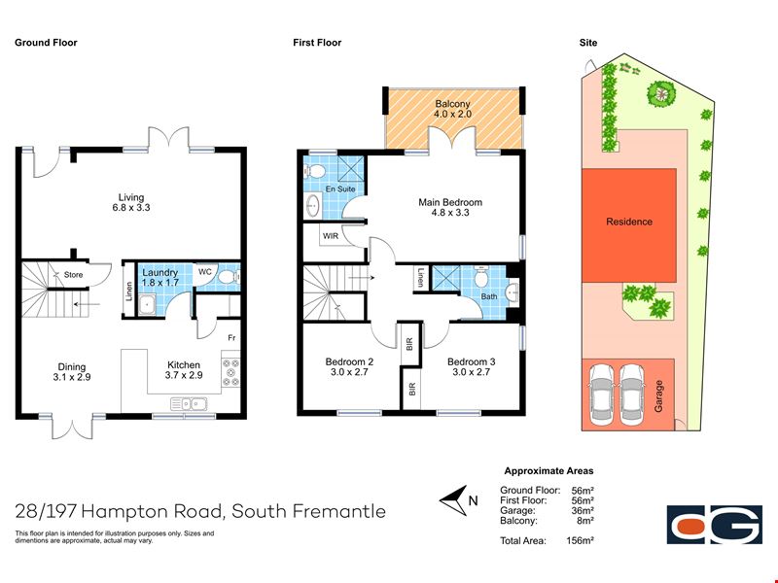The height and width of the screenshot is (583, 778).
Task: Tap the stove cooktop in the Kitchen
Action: tap(230, 372)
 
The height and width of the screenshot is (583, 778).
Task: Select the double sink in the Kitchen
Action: tap(189, 404)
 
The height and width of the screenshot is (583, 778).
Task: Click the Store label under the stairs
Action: tap(74, 275)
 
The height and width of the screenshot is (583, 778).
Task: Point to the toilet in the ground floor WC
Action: tap(230, 276)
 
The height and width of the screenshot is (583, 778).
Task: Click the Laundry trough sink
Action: tap(147, 304)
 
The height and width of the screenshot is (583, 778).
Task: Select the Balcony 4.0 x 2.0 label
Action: tap(452, 109)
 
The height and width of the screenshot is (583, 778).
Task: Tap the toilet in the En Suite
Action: tap(314, 172)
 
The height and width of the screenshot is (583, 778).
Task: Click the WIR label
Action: tap(331, 236)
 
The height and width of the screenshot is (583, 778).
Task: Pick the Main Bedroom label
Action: tap(450, 207)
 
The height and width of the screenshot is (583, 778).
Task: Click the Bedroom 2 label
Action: tap(349, 367)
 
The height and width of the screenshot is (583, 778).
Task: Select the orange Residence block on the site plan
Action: tap(629, 225)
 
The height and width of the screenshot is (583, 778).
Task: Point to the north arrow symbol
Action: tap(453, 500)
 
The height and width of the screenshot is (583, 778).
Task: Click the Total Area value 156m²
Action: tap(580, 540)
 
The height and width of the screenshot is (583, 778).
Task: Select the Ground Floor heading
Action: tap(46, 43)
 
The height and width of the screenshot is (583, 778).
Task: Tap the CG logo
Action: tap(715, 525)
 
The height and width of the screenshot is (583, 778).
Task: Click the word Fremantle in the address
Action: tap(338, 511)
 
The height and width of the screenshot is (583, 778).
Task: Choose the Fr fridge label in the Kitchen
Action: tap(231, 338)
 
